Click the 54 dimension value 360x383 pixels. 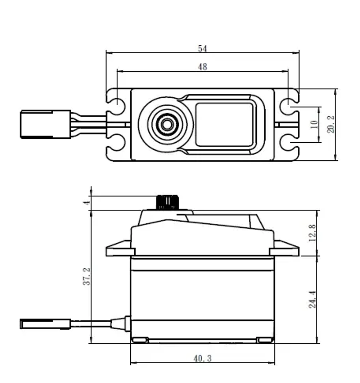point(203,48)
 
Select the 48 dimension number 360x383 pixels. point(203,67)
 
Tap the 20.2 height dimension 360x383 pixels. point(331,124)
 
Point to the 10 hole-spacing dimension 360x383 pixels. point(314,124)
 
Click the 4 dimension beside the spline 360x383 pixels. point(86,203)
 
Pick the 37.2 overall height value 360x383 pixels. point(86,276)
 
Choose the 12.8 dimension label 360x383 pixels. point(312,233)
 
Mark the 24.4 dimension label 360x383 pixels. point(312,299)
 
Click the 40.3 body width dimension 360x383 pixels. point(203,358)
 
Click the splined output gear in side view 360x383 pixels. point(167,202)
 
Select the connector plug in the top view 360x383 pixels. point(45,124)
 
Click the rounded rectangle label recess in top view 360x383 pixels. point(225,124)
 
